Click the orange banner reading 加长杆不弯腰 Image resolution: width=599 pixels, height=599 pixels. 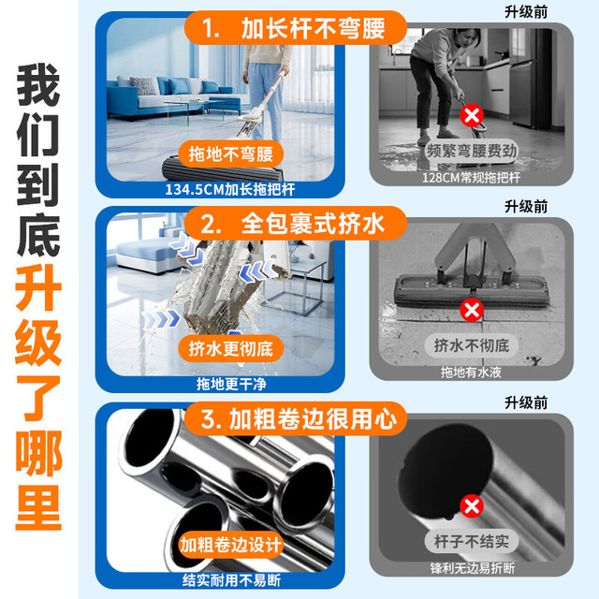tap(296, 28)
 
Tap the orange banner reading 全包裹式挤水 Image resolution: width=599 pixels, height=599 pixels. tap(296, 224)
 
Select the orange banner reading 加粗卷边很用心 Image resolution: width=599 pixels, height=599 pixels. tap(296, 419)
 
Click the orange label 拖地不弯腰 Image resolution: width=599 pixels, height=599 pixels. tap(231, 153)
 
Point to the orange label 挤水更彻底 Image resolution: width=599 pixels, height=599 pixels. tap(231, 348)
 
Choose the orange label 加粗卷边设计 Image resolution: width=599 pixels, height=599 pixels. tap(231, 545)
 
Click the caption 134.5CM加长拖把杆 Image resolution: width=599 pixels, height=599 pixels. tap(230, 189)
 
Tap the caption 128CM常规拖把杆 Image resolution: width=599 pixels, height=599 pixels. tap(471, 178)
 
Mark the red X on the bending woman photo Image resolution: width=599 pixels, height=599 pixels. tap(472, 115)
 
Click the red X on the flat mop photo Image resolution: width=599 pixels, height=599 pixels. tap(472, 310)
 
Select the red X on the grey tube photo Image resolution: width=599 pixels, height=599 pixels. tap(472, 506)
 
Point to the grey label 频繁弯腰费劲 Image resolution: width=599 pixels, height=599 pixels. tap(472, 151)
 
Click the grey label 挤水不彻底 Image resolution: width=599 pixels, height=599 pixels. tap(472, 345)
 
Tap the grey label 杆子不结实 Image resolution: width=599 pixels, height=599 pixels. tap(472, 541)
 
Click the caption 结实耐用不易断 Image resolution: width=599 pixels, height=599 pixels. tap(231, 580)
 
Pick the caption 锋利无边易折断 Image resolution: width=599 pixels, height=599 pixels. tap(472, 568)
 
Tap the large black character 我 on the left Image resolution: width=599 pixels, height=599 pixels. tap(38, 85)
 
